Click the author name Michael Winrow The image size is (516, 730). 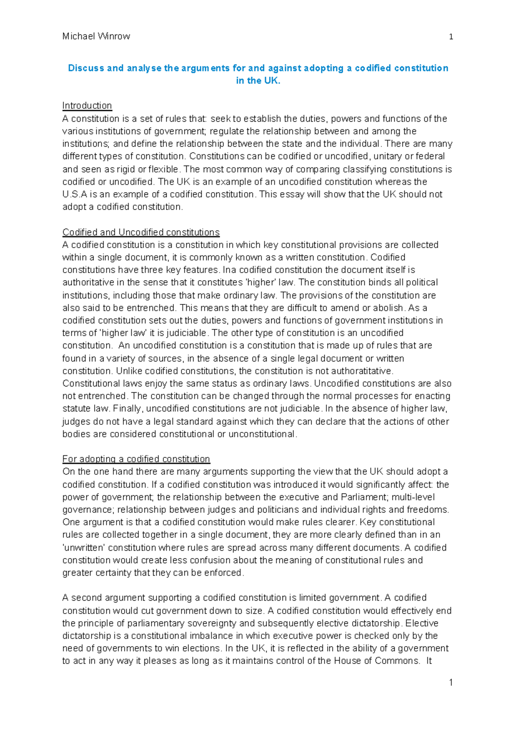(96, 37)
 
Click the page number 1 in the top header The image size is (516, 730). (451, 37)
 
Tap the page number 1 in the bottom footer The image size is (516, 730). (451, 682)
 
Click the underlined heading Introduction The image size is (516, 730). (87, 106)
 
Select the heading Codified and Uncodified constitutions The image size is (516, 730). (141, 232)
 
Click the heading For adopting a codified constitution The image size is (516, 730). (136, 459)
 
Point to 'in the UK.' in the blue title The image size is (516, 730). (258, 80)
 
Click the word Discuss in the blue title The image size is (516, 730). (86, 68)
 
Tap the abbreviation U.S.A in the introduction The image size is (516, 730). (74, 194)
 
